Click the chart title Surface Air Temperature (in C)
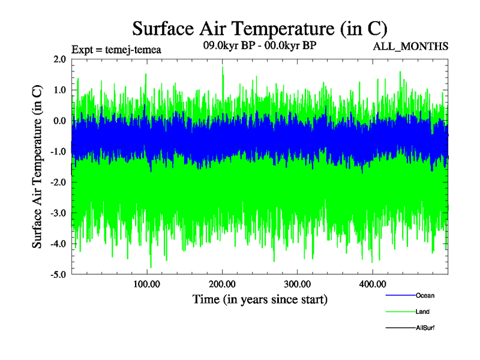tap(260, 28)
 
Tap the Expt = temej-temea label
tap(116, 49)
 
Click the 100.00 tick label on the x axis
tap(146, 284)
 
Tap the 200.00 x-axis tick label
tap(222, 284)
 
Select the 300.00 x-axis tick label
tap(297, 284)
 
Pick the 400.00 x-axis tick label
tap(372, 284)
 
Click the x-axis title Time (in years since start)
tap(260, 299)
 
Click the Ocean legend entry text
tap(425, 295)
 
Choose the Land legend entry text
tap(422, 311)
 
